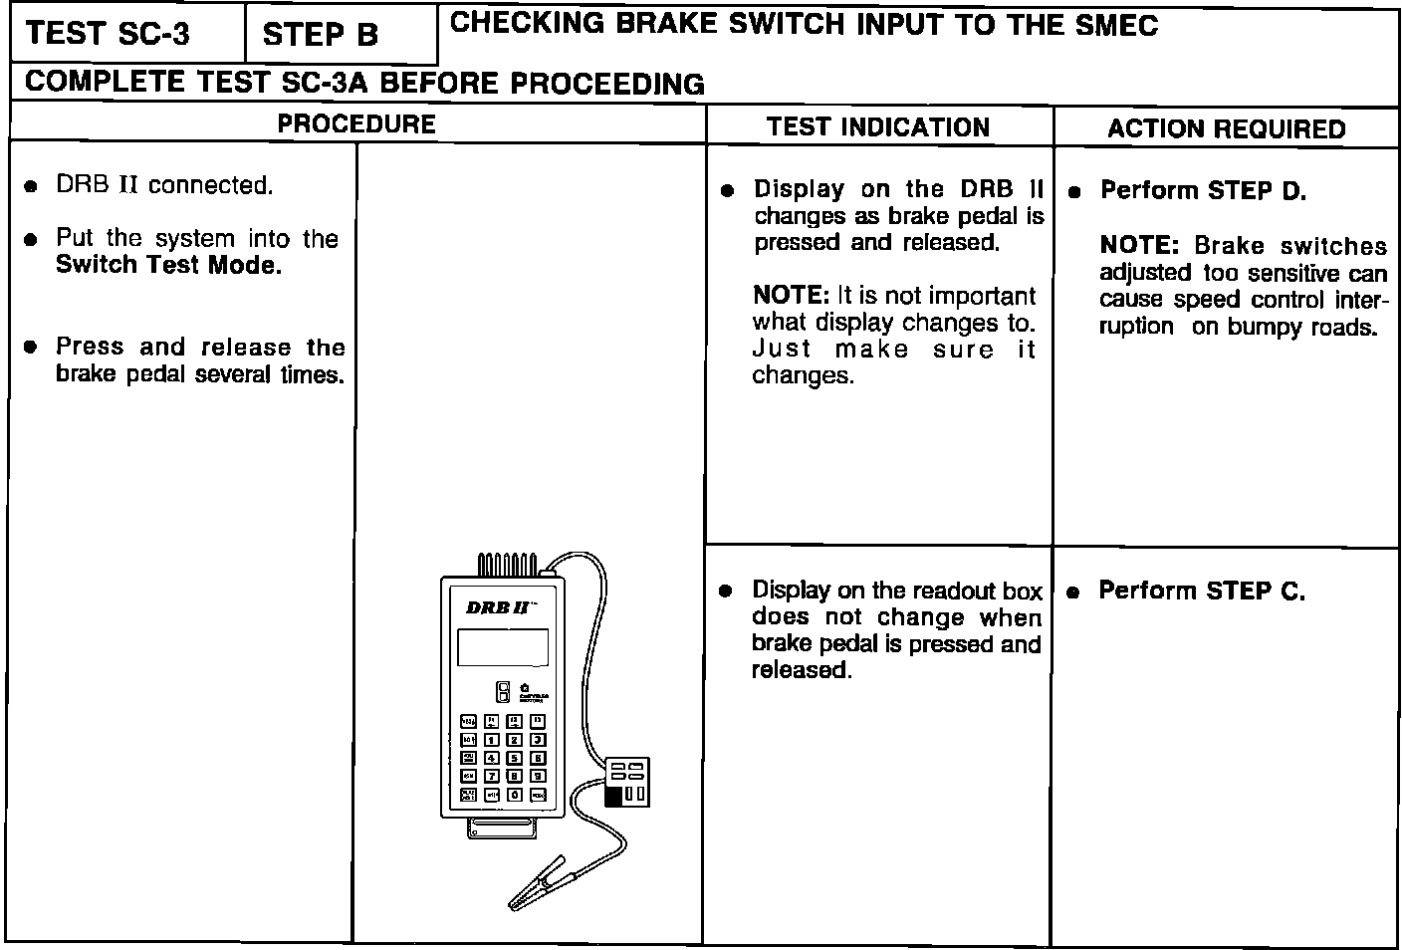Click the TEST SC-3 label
[x=108, y=34]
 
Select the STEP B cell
[x=321, y=36]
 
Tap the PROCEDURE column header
[x=356, y=124]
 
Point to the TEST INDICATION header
[x=878, y=127]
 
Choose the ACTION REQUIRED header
[x=1226, y=128]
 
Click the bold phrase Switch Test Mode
[x=168, y=265]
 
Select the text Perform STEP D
[x=1203, y=190]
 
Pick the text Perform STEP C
[x=1202, y=591]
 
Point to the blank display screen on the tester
[x=502, y=647]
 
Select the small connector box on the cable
[x=627, y=782]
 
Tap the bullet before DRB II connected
[x=32, y=186]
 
